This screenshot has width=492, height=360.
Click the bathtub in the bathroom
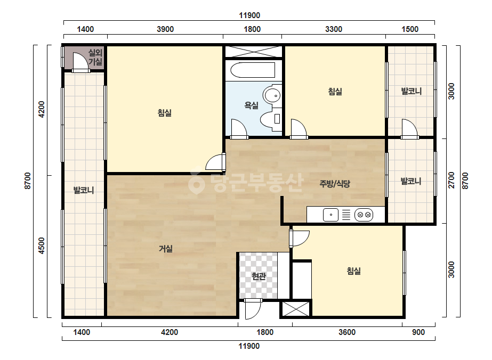[x=253, y=70]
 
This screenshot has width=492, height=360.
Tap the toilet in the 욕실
[x=270, y=119]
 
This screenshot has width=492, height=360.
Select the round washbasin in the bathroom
[x=272, y=95]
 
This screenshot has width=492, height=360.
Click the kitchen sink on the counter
[x=330, y=215]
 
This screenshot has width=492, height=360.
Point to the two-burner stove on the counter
[x=364, y=215]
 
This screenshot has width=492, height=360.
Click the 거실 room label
[x=166, y=249]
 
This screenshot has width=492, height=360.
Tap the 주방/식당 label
[x=334, y=183]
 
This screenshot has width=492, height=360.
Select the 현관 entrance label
[x=259, y=276]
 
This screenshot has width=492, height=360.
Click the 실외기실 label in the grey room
[x=95, y=57]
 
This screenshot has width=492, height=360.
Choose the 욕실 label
[x=252, y=105]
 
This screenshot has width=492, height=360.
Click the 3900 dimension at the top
[x=165, y=29]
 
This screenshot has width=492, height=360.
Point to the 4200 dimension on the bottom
[x=170, y=332]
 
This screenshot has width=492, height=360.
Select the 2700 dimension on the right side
[x=451, y=181]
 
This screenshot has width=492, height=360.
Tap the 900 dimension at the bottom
[x=418, y=332]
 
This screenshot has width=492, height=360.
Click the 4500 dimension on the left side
[x=41, y=246]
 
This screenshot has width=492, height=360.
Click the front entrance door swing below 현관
[x=253, y=309]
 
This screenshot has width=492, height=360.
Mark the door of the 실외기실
[x=80, y=62]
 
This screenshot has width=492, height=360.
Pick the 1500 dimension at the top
[x=410, y=29]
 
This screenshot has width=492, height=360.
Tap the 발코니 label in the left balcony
[x=84, y=190]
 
